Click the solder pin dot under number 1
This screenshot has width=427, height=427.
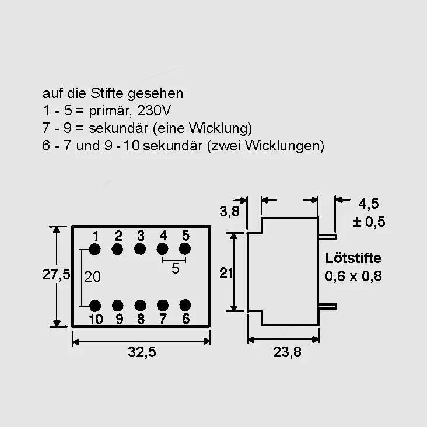tap(94, 249)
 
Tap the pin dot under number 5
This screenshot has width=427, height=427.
tap(185, 249)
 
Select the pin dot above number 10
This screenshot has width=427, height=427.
tap(95, 306)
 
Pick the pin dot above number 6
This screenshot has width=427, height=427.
tap(185, 305)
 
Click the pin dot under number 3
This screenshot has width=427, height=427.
tap(140, 249)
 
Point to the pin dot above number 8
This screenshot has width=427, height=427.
tap(140, 306)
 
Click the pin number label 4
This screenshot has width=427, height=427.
tap(163, 236)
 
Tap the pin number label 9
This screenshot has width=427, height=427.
tap(119, 319)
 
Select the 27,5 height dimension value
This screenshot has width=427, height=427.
tap(56, 274)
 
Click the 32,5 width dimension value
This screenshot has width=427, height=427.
tap(142, 352)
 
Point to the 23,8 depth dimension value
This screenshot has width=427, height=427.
tap(287, 352)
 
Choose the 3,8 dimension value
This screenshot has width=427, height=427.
tap(230, 211)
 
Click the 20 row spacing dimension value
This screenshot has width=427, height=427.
tap(92, 276)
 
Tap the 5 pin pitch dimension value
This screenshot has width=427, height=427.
tap(176, 268)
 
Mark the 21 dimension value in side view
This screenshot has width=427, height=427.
tap(226, 273)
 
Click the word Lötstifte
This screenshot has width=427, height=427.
tap(353, 258)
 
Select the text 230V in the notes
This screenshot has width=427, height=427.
tap(154, 111)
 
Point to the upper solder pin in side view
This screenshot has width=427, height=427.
tap(328, 237)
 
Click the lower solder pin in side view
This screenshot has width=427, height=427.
tap(328, 307)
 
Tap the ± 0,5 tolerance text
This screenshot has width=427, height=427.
tap(369, 222)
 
